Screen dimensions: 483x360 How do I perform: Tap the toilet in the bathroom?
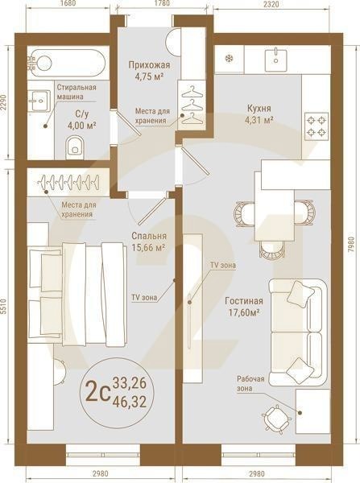(x=75, y=146)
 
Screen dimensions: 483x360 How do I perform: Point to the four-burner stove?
(x=317, y=125)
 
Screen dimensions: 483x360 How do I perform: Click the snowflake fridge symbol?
(x=229, y=58)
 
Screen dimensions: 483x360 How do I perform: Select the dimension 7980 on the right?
(x=352, y=241)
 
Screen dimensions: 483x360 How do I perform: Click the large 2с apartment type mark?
(x=97, y=393)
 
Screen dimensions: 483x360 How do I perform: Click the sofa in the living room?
(x=297, y=330)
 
